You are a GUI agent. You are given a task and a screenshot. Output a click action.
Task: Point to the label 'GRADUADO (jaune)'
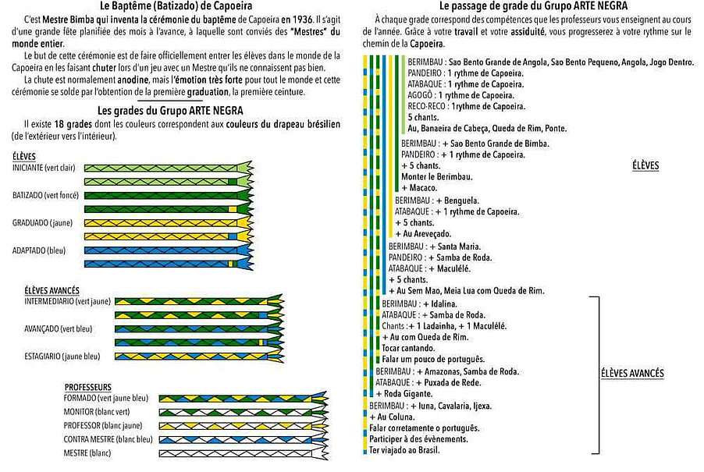tap(42, 222)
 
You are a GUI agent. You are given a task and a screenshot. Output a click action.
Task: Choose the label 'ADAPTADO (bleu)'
tap(39, 250)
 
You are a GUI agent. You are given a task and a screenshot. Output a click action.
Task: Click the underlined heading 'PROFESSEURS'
tap(87, 387)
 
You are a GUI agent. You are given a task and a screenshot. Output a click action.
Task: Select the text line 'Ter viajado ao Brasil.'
tap(404, 450)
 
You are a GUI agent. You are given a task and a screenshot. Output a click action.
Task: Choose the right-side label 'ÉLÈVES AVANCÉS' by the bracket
tap(633, 374)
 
